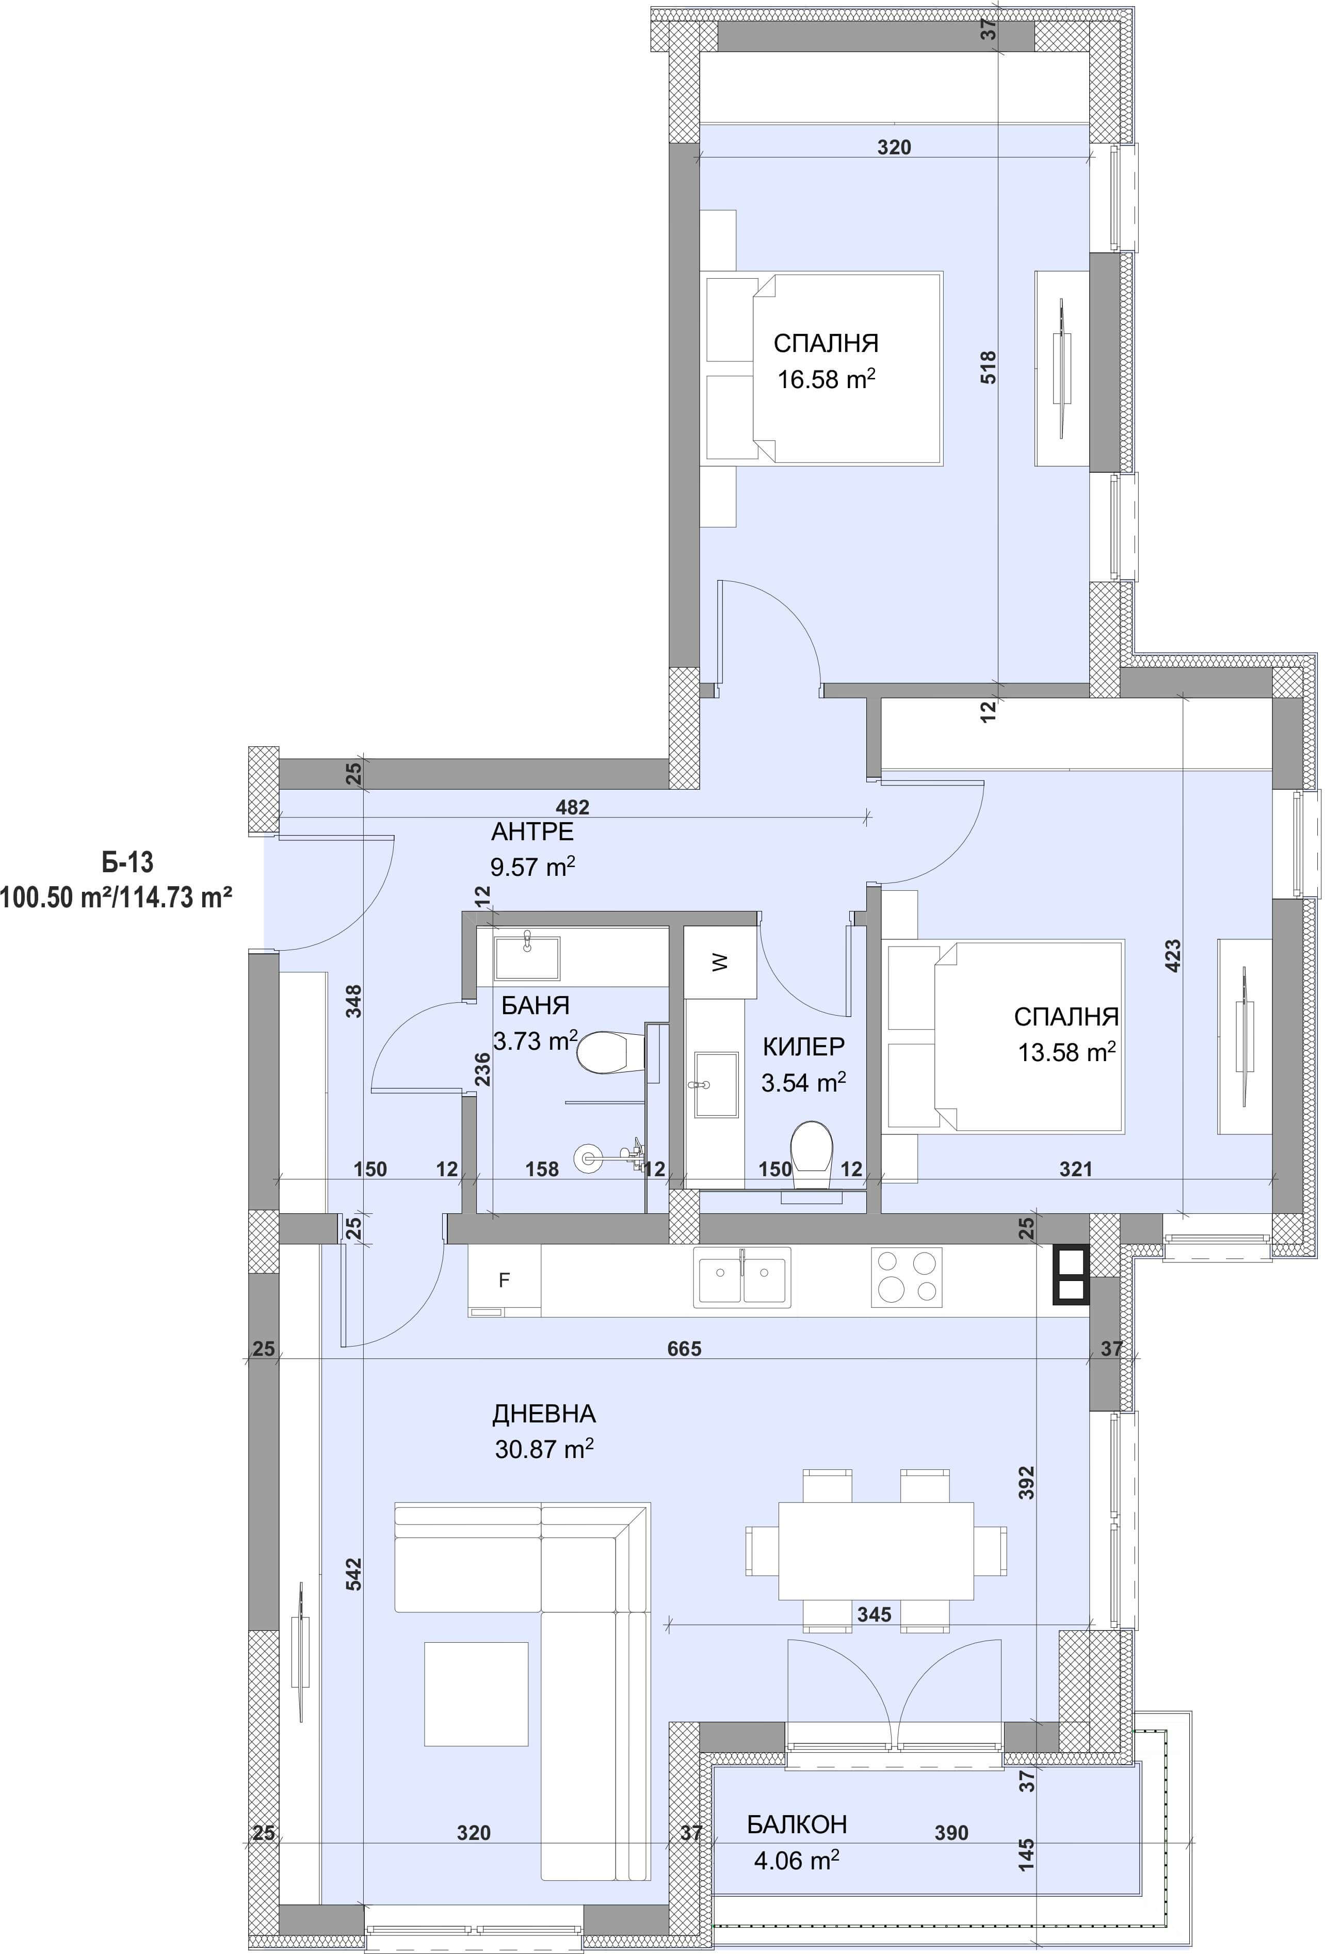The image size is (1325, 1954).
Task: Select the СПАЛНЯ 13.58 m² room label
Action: [x=1066, y=1034]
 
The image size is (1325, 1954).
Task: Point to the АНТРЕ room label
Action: [x=532, y=831]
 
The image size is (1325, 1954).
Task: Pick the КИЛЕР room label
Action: [x=804, y=1047]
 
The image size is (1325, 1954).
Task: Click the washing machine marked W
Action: [x=720, y=962]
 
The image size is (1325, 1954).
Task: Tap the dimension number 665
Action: [x=684, y=1349]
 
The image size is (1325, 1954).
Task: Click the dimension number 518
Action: [x=989, y=367]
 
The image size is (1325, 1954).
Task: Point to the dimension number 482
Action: [x=573, y=807]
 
